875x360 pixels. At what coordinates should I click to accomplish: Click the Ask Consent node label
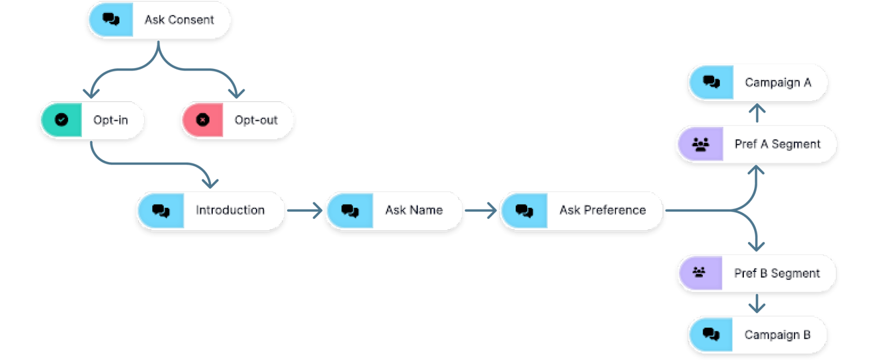coord(179,20)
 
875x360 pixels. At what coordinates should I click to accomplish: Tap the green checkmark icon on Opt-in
coord(61,120)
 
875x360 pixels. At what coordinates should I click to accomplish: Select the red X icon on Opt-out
coord(203,120)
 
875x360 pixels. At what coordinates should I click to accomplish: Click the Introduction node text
coord(230,210)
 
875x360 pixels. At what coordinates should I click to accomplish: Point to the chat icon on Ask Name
coord(350,211)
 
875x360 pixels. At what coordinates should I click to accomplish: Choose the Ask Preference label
coord(603,210)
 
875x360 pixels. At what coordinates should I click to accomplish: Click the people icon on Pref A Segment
coord(701,144)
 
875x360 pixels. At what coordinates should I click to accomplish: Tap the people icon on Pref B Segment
coord(699,272)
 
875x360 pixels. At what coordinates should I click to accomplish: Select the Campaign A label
coord(778,83)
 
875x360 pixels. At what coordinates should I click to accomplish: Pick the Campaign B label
coord(777,335)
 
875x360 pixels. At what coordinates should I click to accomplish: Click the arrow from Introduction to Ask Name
coord(305,210)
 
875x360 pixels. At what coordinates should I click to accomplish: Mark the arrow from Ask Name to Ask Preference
coord(481,210)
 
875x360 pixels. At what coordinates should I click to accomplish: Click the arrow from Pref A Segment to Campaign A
coord(757,113)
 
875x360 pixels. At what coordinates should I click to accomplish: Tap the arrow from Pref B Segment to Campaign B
coord(757,303)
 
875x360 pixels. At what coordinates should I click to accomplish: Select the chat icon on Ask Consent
coord(112,19)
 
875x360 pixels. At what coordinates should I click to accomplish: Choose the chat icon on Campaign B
coord(711,335)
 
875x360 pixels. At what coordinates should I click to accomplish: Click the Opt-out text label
coord(256,120)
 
